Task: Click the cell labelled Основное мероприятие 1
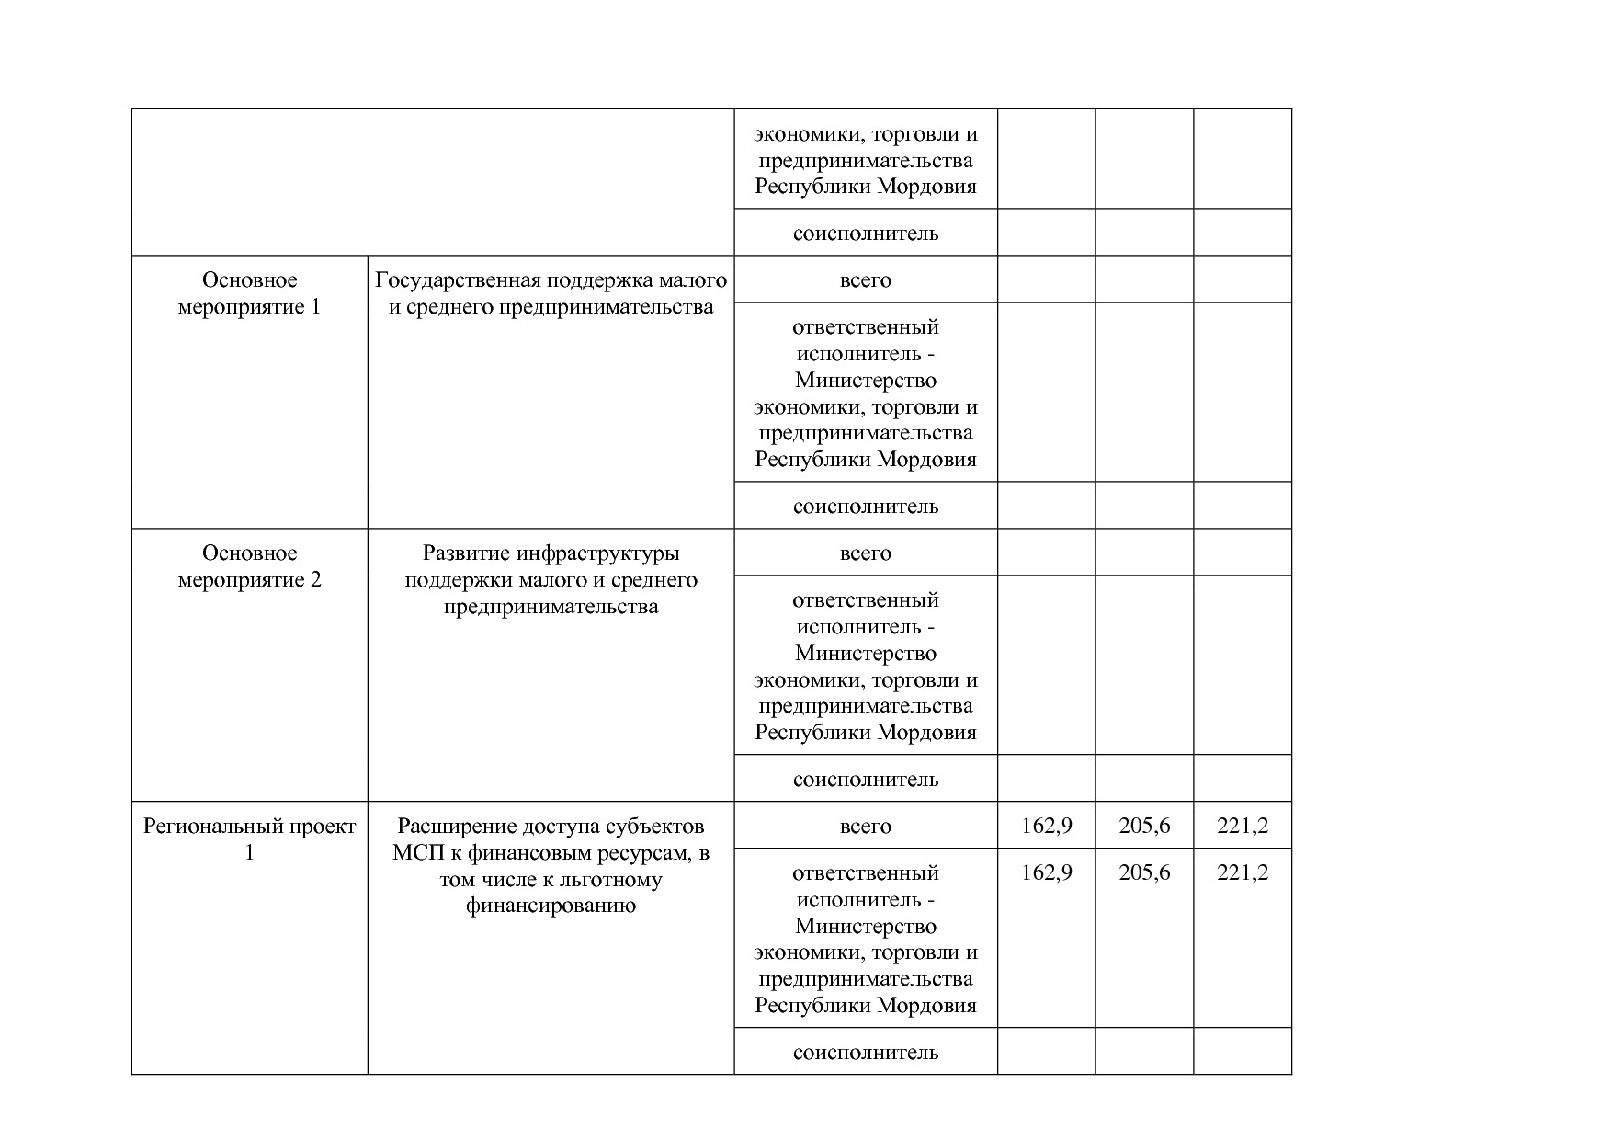(249, 293)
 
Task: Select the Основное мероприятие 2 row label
(249, 566)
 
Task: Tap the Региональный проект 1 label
(249, 838)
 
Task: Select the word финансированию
(551, 906)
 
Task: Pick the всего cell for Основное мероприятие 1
(865, 280)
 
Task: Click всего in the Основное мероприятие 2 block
(865, 553)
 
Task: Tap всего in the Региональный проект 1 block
(865, 826)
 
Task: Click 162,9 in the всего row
(1046, 826)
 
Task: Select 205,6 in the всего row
(1144, 826)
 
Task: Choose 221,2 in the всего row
(1243, 826)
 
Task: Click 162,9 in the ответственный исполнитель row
(1046, 872)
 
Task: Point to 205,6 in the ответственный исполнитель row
(1144, 872)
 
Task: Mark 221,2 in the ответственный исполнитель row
(1243, 872)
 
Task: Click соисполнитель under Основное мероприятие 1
(865, 507)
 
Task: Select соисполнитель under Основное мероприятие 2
(865, 780)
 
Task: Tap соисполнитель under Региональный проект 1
(865, 1053)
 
